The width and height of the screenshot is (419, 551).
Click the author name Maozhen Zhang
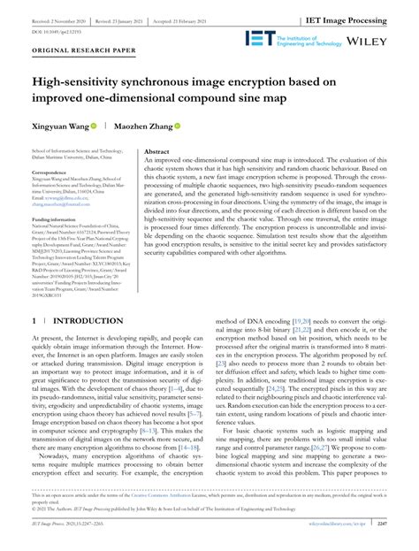[146, 127]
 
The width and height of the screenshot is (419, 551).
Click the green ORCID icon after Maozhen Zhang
[179, 127]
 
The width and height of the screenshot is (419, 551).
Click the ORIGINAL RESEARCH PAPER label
[72, 52]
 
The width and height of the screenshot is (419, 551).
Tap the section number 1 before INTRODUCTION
[34, 321]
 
